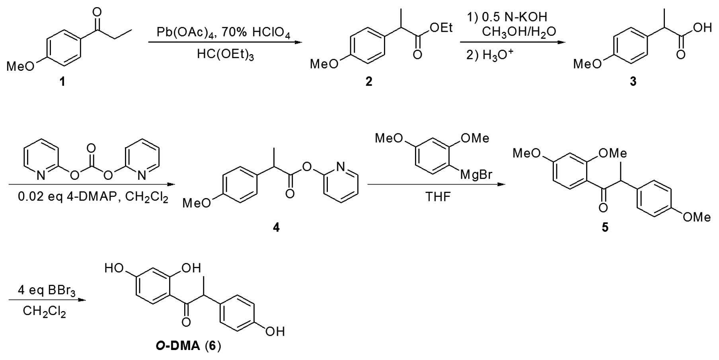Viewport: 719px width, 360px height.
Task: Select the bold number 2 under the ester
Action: pyautogui.click(x=369, y=82)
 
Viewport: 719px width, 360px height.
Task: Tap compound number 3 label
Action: pyautogui.click(x=633, y=82)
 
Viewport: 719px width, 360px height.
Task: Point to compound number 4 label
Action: pyautogui.click(x=276, y=228)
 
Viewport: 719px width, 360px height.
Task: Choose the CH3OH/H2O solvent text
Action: pyautogui.click(x=519, y=31)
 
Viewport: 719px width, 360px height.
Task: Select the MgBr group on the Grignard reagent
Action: pyautogui.click(x=476, y=174)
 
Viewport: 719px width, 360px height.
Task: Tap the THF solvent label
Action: pyautogui.click(x=438, y=197)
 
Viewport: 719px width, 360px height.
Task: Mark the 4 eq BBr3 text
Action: pyautogui.click(x=47, y=291)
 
